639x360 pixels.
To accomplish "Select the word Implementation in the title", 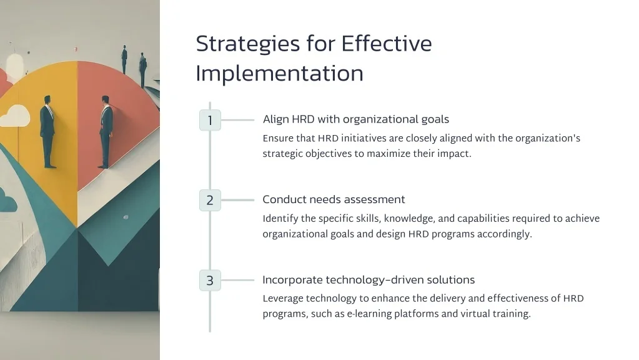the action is (280, 74).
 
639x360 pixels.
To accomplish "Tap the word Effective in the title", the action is (387, 43).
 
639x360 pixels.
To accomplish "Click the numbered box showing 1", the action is (210, 120).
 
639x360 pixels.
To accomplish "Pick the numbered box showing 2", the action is (210, 200).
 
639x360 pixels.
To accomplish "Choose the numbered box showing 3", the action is (210, 280).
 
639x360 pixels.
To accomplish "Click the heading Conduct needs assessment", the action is (334, 199).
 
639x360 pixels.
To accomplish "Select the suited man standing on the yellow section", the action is (47, 132).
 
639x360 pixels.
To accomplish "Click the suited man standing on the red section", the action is (105, 132).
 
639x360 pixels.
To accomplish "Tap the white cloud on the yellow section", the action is (15, 116).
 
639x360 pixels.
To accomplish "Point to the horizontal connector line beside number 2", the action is (237, 200).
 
